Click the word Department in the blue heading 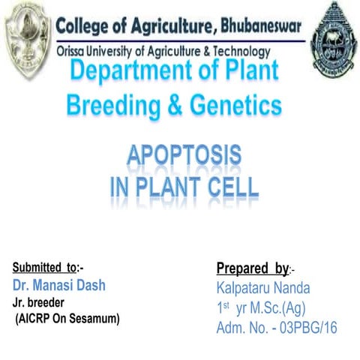(x=136, y=73)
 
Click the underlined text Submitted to (x=44, y=268)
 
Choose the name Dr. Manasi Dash (x=58, y=286)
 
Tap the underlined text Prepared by (x=251, y=268)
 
